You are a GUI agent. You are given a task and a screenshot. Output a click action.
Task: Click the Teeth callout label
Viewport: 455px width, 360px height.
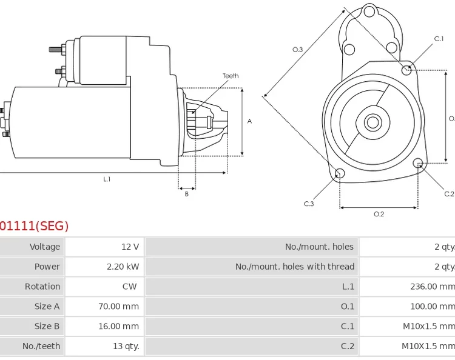point(231,76)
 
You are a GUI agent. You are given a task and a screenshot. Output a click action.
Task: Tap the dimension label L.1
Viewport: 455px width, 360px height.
point(107,179)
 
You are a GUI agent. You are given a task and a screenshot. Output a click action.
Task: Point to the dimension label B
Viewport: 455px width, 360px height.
point(186,194)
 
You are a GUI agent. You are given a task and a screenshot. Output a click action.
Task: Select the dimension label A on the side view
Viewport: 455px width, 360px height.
point(249,121)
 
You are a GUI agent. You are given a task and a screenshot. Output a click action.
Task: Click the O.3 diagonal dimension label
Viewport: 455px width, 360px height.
point(297,50)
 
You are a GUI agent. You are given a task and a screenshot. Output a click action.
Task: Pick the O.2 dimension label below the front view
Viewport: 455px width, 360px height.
point(379,214)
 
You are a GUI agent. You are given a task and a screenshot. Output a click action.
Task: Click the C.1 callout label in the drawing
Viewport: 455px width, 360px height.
point(439,39)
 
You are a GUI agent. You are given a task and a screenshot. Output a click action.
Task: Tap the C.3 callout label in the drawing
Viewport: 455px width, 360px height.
point(309,204)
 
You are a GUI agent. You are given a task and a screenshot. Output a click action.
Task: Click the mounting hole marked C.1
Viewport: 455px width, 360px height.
point(407,70)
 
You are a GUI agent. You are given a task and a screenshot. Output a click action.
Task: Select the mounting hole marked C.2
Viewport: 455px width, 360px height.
point(417,163)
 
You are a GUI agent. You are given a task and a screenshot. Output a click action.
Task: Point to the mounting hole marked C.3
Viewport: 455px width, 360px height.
point(340,174)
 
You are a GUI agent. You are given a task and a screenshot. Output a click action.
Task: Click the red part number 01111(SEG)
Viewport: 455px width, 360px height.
point(34,226)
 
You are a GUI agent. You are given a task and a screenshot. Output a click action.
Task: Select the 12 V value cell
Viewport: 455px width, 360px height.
point(130,247)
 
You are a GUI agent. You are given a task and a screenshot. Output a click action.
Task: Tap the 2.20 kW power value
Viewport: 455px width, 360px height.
point(123,267)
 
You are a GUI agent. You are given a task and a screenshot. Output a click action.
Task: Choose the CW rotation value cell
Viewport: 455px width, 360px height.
point(130,287)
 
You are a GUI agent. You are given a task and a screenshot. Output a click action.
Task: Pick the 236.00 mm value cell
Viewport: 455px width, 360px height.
point(432,287)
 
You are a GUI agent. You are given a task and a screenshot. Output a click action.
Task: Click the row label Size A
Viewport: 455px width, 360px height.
point(47,307)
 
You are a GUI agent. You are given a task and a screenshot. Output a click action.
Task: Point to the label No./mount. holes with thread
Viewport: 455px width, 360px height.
point(295,267)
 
